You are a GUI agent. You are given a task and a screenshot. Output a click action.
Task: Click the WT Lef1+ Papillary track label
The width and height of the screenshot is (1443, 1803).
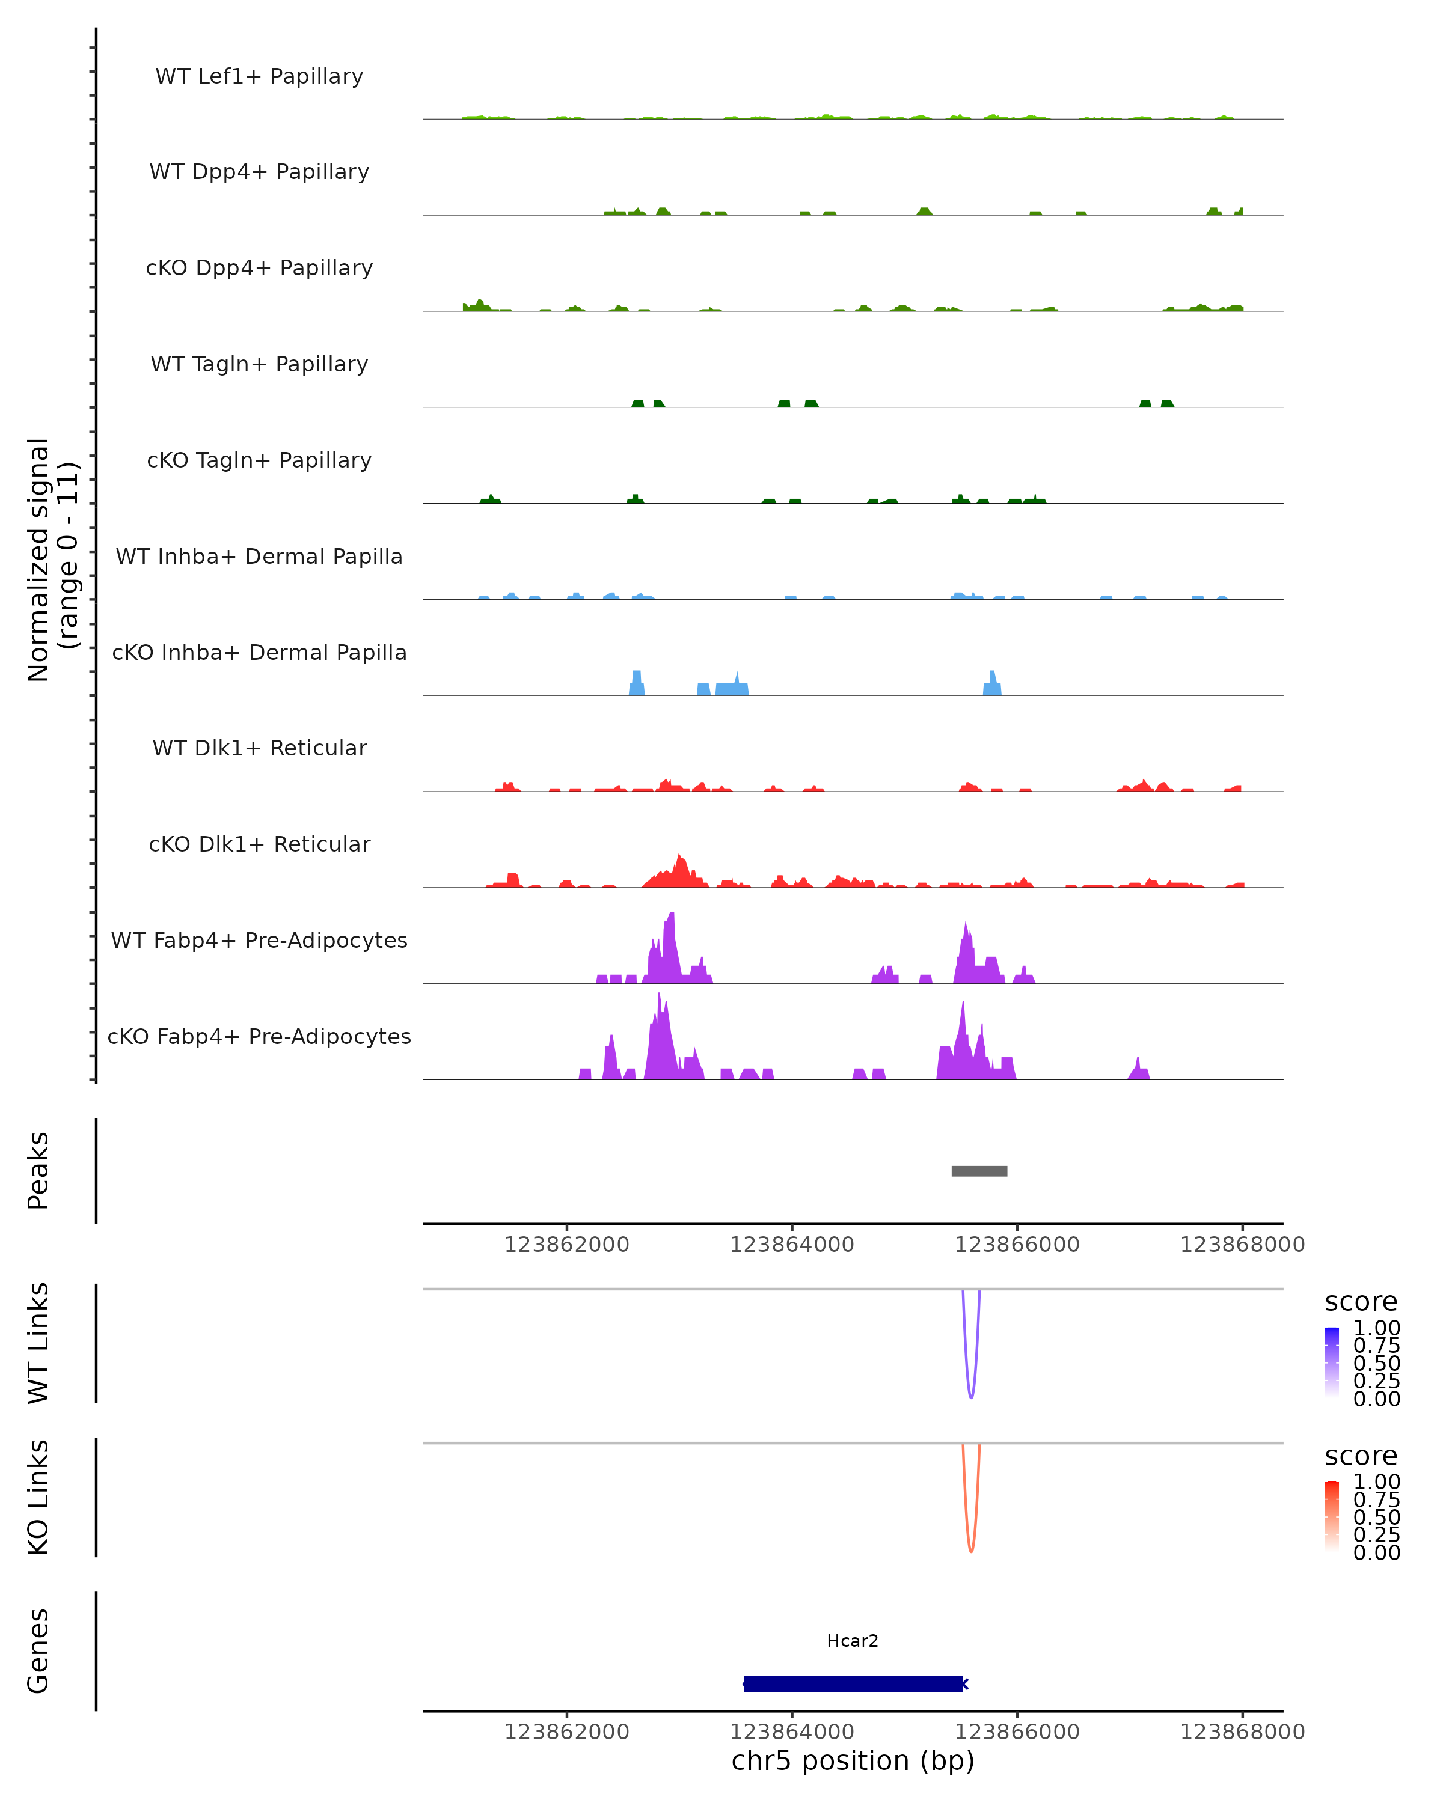coord(259,76)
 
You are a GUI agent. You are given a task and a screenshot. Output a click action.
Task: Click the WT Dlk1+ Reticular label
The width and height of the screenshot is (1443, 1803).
coord(259,748)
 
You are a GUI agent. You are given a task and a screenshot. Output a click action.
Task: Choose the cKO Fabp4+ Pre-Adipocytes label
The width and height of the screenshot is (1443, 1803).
coord(259,1036)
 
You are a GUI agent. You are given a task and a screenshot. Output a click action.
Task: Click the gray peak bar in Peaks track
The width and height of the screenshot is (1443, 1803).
coord(979,1171)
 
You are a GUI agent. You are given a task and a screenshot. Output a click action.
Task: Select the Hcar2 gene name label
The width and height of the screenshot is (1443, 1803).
coord(853,1641)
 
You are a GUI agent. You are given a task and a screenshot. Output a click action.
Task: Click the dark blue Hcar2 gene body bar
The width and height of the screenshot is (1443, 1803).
coord(853,1683)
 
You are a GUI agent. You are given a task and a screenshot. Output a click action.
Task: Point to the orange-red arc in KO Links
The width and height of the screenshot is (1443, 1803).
coord(970,1549)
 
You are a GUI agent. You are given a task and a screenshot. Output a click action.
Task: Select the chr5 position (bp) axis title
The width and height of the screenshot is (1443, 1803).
coord(853,1760)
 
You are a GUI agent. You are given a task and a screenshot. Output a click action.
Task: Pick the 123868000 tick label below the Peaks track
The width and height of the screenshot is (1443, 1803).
coord(1242,1245)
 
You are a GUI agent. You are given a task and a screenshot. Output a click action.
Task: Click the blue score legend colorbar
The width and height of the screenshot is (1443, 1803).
coord(1332,1361)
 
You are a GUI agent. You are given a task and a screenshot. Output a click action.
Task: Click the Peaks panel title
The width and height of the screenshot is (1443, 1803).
coord(38,1170)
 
